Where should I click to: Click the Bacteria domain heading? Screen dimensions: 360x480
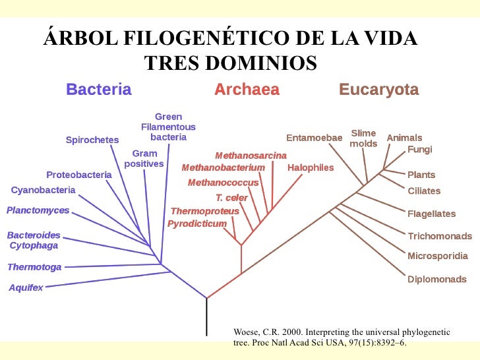coord(98,90)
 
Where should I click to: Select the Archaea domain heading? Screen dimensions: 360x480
coord(247,90)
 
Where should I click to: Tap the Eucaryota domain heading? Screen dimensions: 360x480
coord(378,90)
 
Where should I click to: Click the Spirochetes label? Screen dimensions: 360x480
coord(92,140)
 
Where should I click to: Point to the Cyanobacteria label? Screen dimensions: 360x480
coord(44,191)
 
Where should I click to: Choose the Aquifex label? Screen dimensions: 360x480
coord(26,288)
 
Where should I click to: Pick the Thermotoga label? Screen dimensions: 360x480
coord(34,267)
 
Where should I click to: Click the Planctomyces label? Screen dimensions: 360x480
coord(38,211)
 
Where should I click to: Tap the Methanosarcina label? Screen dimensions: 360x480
coord(251,156)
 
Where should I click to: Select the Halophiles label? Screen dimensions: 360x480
coord(311,167)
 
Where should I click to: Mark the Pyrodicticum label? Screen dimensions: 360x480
coord(196,224)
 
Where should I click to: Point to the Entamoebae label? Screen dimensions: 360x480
coord(314,138)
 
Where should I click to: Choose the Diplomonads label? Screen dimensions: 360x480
coord(436,279)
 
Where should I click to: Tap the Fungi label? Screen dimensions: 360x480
coord(420,150)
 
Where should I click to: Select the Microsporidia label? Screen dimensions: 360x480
coord(437,256)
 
